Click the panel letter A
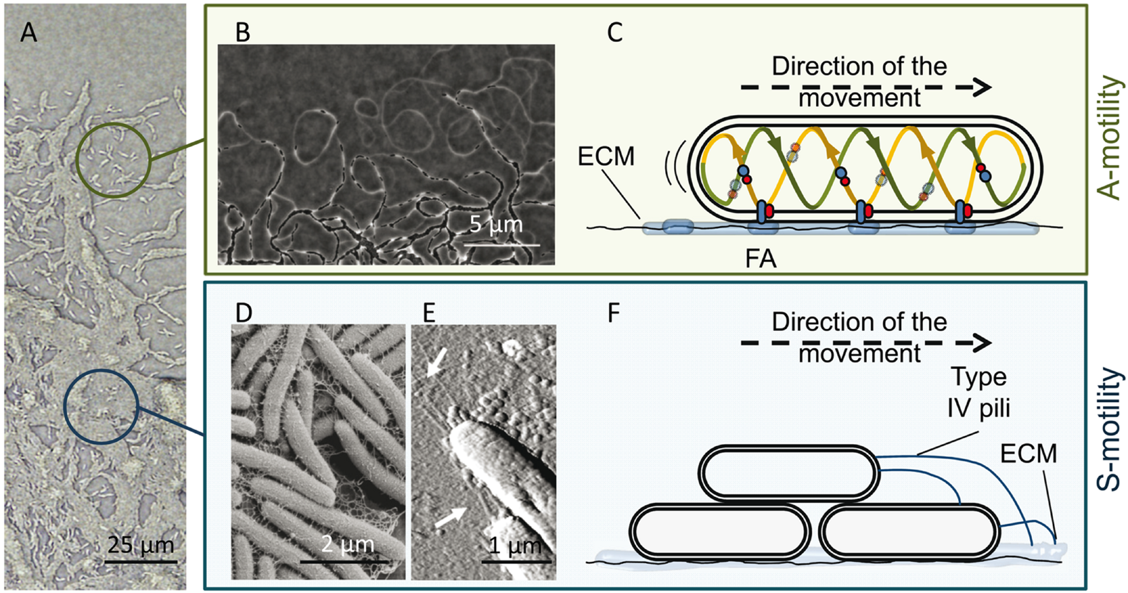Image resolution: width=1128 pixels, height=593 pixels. tap(29, 32)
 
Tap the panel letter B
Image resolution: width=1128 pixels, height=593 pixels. tap(243, 32)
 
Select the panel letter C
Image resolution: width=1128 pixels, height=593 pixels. tap(614, 32)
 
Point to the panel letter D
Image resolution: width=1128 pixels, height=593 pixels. tap(244, 313)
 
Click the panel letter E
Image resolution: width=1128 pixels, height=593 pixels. tap(429, 313)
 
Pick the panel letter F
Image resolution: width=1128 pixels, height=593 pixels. tap(614, 313)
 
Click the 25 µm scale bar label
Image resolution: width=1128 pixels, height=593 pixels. tap(140, 545)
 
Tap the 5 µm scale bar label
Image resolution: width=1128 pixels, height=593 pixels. tap(496, 224)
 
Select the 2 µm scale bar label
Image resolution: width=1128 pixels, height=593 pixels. tap(347, 545)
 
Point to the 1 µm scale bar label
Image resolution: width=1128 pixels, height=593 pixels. tap(515, 545)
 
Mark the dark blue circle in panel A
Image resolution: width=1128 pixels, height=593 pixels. tap(102, 407)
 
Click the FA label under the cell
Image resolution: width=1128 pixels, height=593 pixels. tap(761, 259)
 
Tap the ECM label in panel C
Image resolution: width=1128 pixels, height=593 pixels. tap(606, 157)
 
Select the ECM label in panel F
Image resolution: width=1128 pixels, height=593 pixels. tap(1028, 454)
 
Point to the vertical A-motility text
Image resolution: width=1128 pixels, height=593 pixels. tap(1110, 137)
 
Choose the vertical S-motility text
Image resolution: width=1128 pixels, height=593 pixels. tap(1110, 429)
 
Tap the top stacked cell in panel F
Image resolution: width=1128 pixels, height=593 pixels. tap(789, 473)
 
